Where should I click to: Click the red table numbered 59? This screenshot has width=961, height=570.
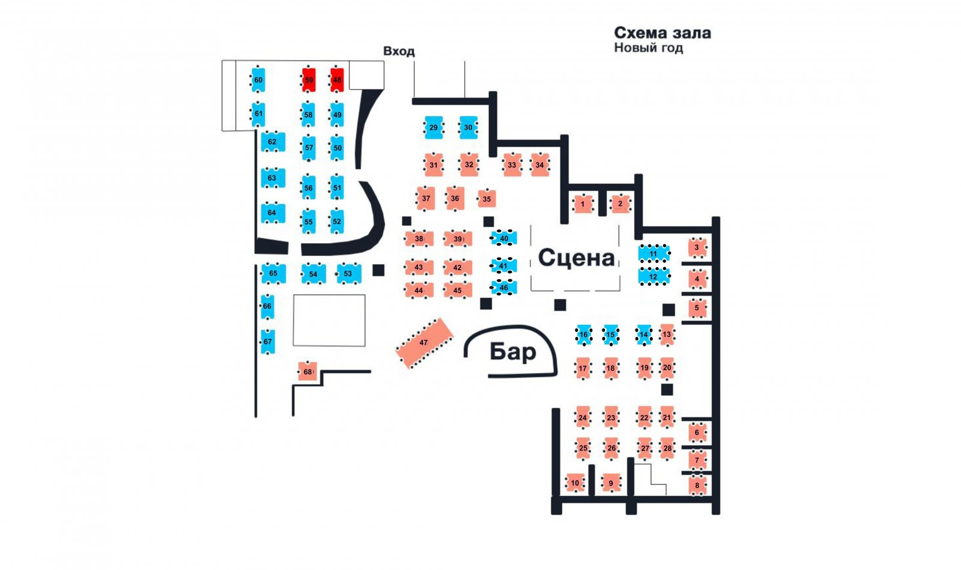coord(309,80)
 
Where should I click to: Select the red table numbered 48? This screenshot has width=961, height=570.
coord(337,80)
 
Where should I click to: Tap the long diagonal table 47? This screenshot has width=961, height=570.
coord(424,343)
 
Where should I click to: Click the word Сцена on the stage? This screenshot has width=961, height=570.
coord(576,258)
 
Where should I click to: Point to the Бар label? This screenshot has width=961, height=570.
coord(513,352)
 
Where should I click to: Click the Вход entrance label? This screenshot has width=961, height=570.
coord(399,52)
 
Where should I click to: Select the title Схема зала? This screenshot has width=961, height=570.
coord(662,32)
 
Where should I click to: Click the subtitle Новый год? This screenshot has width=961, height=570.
coord(648,47)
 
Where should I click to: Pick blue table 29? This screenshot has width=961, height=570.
coord(434,127)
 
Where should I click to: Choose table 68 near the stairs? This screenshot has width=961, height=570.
coord(308,371)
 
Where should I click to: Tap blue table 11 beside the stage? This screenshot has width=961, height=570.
coord(653,253)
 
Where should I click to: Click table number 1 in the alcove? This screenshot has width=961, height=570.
coord(583,204)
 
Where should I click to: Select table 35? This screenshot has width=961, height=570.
coord(487,199)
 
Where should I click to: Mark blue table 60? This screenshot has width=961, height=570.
coord(258,80)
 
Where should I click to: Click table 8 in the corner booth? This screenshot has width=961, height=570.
coord(697,485)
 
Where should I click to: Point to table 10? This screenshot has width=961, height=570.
coord(575,483)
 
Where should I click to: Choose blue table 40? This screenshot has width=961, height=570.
coord(504,238)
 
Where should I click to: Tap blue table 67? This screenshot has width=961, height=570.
coord(268,341)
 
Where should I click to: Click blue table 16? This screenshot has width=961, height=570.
coord(583,335)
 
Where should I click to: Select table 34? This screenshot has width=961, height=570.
coord(540,165)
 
